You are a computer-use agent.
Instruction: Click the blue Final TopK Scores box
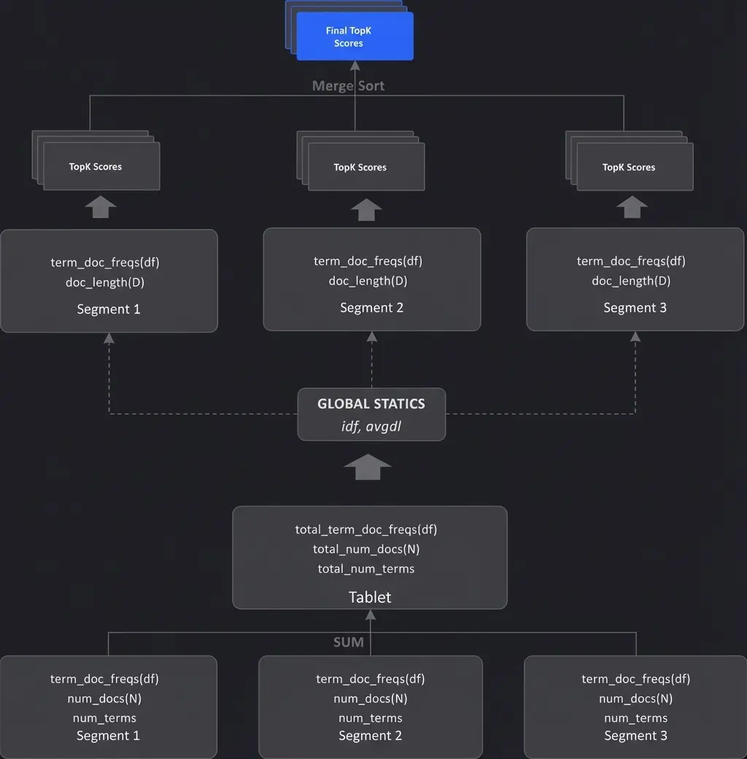355,36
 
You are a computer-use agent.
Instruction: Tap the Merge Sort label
348,85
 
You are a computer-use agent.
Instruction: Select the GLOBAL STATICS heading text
371,404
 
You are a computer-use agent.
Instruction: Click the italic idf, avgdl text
371,426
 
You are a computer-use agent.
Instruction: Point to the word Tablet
370,597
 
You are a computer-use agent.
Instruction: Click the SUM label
348,642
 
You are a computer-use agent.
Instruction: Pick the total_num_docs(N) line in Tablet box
366,549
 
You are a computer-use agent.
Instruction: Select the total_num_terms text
366,569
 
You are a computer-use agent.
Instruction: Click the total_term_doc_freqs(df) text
366,529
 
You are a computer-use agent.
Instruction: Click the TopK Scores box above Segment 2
365,167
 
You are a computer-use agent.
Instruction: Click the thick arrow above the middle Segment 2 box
366,209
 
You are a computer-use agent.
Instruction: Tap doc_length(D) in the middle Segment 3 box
631,280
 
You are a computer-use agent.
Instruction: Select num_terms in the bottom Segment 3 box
635,718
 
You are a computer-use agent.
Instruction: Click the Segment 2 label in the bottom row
370,736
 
